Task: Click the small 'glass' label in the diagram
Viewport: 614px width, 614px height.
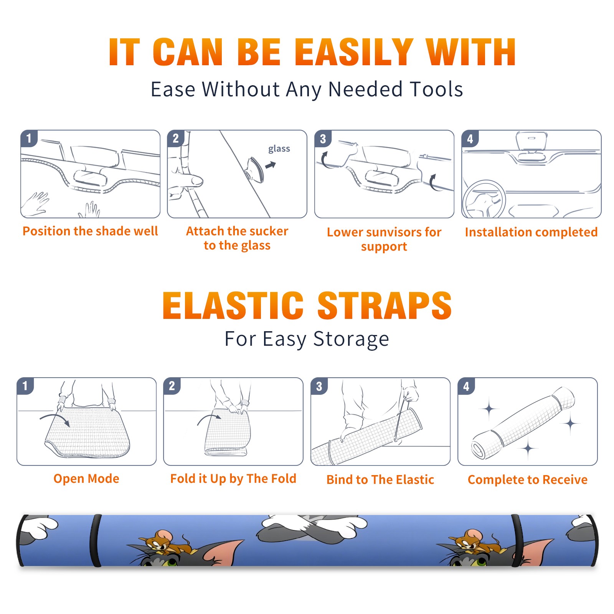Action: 279,149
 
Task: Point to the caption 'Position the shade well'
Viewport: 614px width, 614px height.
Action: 90,231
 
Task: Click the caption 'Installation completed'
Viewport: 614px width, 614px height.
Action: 531,232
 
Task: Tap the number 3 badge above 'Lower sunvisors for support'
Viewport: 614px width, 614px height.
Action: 323,139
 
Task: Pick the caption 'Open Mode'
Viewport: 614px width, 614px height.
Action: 86,479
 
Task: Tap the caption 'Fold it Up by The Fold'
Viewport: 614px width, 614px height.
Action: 233,479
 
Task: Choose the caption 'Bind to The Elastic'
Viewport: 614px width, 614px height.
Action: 380,479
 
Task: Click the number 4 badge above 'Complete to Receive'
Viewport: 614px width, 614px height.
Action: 466,386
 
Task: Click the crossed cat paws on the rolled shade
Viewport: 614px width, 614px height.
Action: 312,528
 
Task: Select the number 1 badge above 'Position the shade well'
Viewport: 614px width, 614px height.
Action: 29,139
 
